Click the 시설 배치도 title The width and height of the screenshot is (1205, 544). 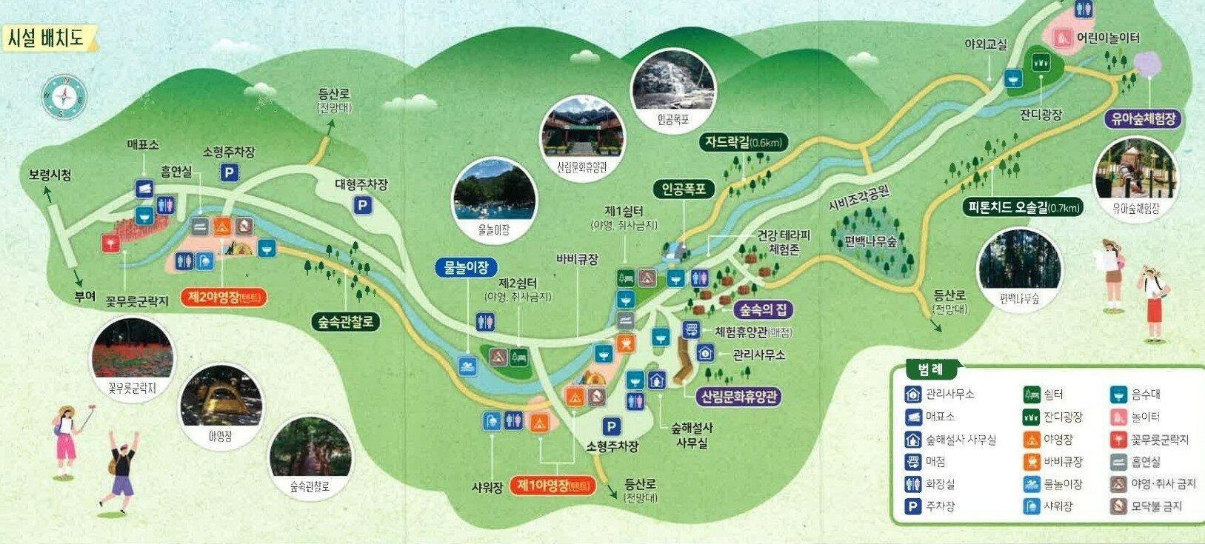click(46, 38)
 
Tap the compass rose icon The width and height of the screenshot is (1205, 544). click(64, 97)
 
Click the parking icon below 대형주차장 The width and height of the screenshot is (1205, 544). click(361, 205)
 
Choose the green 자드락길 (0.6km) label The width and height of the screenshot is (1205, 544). click(744, 142)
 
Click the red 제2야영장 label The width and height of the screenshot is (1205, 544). click(223, 298)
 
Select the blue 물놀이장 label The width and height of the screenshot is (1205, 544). click(466, 267)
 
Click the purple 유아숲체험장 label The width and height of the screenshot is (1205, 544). click(1143, 118)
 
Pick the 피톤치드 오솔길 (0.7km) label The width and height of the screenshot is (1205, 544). click(1023, 207)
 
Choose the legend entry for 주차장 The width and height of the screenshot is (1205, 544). click(930, 507)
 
